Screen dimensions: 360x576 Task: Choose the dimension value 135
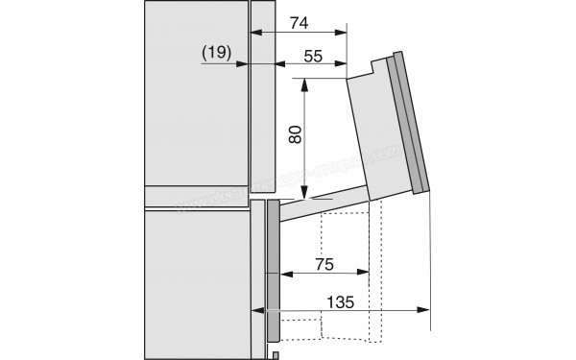tap(341, 301)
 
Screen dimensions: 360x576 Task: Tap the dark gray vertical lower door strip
tap(273, 269)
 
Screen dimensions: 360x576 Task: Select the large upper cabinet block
tap(192, 101)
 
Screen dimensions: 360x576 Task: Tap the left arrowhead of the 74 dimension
tap(254, 31)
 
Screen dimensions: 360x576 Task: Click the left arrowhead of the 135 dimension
tap(257, 310)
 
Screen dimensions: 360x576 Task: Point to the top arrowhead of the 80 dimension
tap(305, 84)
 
